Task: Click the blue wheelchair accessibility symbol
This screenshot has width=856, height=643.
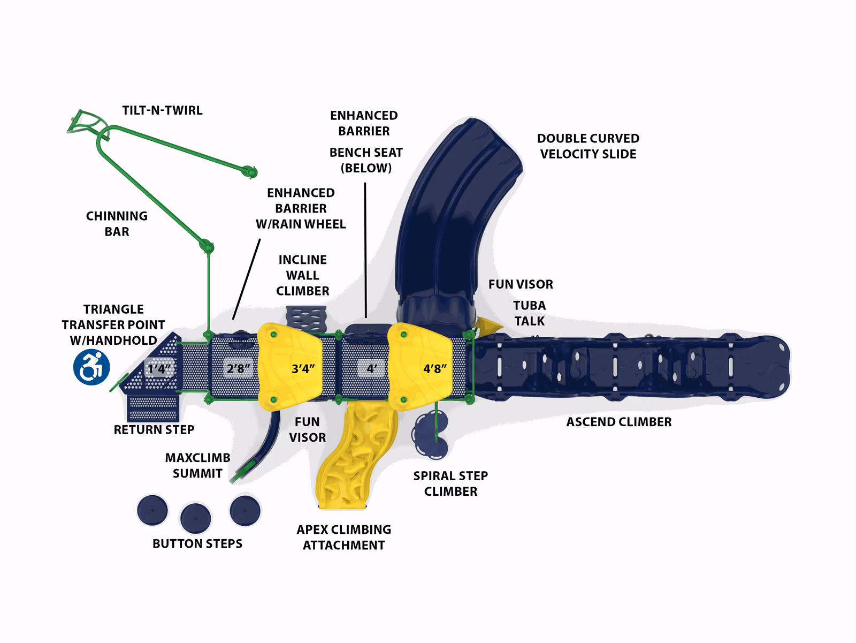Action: (x=91, y=367)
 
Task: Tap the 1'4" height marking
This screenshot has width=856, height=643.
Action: (x=159, y=368)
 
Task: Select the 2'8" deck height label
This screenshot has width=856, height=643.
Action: (x=238, y=368)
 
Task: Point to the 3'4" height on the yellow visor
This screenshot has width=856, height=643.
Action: (x=303, y=368)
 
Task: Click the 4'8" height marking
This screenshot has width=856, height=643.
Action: (x=435, y=368)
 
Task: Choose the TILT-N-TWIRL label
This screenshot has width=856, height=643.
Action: (x=162, y=110)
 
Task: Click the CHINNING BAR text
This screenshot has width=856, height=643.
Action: (x=117, y=224)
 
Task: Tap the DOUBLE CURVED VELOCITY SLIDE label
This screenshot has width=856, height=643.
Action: (x=588, y=146)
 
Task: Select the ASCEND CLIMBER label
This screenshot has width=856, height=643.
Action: (x=619, y=422)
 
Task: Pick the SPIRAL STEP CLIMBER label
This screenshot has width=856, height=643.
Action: (x=450, y=483)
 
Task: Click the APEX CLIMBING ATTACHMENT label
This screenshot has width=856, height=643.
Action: (x=343, y=538)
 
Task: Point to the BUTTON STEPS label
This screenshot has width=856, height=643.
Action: (x=197, y=543)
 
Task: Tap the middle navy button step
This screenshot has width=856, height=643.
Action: (x=195, y=518)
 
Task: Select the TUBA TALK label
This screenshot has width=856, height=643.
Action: (x=529, y=313)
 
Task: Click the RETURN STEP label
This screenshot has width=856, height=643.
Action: (x=154, y=429)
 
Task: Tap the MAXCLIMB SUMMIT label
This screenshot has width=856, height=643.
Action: (x=197, y=465)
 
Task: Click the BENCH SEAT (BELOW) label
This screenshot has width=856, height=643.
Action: (x=366, y=160)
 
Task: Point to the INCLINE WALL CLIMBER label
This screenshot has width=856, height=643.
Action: (x=303, y=275)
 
